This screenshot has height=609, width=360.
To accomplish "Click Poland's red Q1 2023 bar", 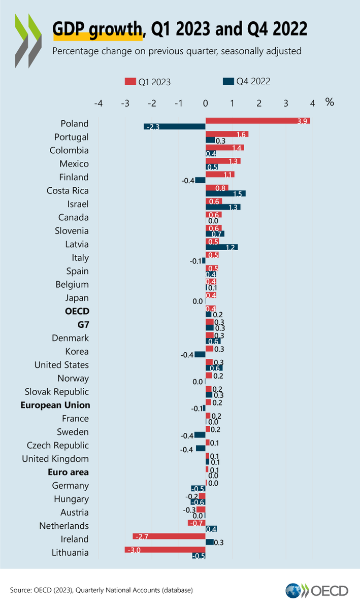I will [x=257, y=121].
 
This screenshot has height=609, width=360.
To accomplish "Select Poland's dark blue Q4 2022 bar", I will [x=175, y=127].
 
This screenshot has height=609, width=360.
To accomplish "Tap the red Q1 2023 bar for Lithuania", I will [x=165, y=550].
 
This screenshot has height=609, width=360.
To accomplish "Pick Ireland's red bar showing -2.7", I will [x=169, y=536].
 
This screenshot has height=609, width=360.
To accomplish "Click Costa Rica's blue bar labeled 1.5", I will [x=225, y=193].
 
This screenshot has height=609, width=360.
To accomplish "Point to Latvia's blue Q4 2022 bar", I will [x=221, y=247].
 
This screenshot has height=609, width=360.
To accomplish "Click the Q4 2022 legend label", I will [x=252, y=81].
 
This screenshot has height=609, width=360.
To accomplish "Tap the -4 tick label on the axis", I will [x=99, y=104].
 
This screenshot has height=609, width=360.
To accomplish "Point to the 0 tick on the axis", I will [x=206, y=104].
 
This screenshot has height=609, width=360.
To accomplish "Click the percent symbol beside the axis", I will [x=330, y=102].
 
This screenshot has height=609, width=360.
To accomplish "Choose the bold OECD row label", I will [x=75, y=311].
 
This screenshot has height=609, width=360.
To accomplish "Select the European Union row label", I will [x=55, y=405].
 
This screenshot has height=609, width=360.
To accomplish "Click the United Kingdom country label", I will [x=55, y=459].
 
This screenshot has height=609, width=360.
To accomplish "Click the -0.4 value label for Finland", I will [x=188, y=180].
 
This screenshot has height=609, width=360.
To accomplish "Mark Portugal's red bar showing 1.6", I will [x=227, y=134].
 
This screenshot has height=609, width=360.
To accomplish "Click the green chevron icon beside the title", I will [x=28, y=41].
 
